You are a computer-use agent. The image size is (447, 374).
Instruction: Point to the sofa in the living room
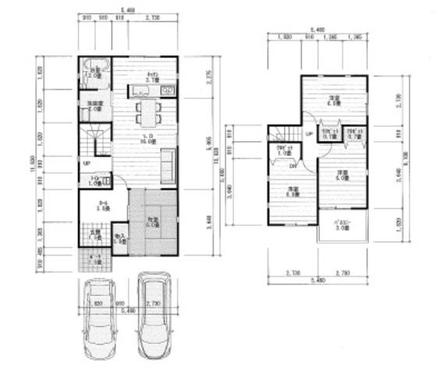pyautogui.click(x=168, y=165)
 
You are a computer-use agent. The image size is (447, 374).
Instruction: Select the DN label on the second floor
pyautogui.click(x=293, y=166)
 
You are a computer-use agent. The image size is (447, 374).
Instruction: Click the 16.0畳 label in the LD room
pyautogui.click(x=145, y=142)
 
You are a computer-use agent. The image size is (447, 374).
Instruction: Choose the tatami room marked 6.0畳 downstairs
pyautogui.click(x=153, y=225)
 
